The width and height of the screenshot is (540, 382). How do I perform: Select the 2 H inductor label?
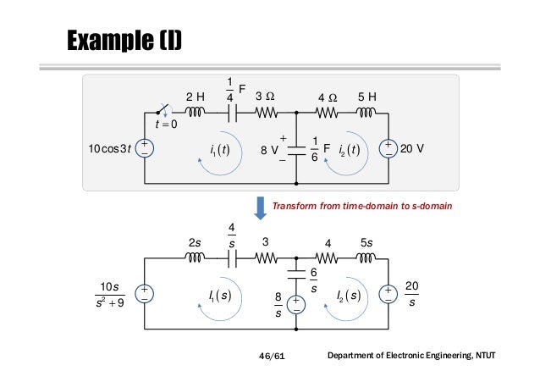click(x=196, y=97)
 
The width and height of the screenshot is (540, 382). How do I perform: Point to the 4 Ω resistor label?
click(x=327, y=97)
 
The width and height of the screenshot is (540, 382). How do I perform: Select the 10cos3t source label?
click(x=109, y=150)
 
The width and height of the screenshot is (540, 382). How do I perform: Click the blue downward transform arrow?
click(x=259, y=206)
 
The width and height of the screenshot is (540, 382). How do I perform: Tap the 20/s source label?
click(x=411, y=294)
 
